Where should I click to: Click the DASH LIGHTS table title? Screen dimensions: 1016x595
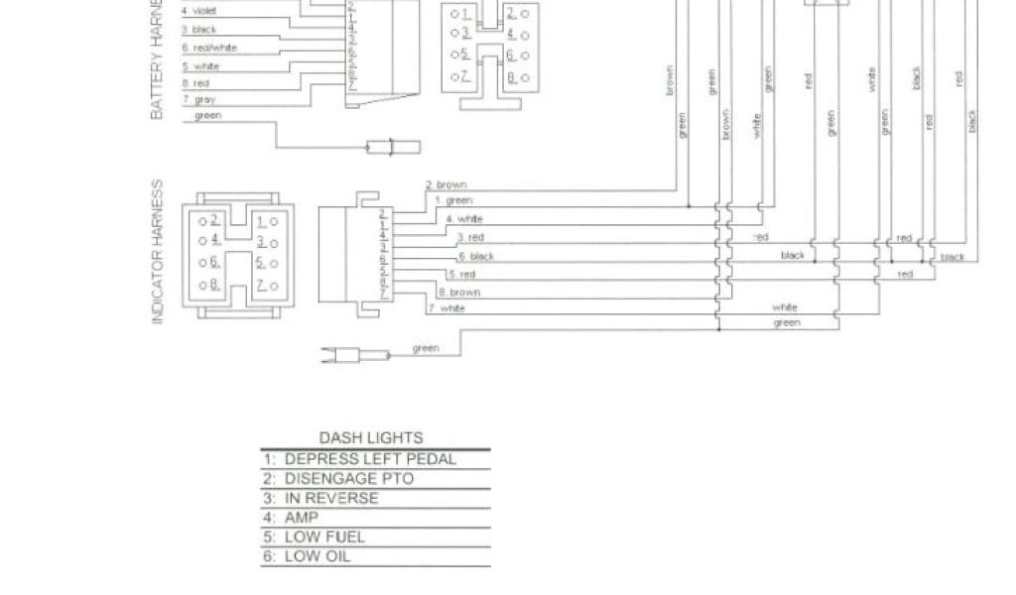click(x=370, y=437)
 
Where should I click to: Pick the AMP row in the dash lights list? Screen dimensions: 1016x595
click(x=294, y=518)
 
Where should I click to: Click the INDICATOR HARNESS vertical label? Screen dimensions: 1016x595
click(x=157, y=252)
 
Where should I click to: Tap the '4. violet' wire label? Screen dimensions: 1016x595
click(x=198, y=11)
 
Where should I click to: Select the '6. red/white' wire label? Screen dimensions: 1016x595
click(x=209, y=48)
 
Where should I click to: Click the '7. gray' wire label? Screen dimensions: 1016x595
click(x=198, y=100)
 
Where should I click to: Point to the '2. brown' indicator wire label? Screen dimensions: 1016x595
click(x=446, y=185)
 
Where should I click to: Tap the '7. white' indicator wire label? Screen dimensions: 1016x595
click(x=445, y=309)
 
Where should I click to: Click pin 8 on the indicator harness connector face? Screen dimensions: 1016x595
click(x=211, y=286)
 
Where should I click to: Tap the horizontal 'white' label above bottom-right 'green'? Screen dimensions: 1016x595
click(x=785, y=307)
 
